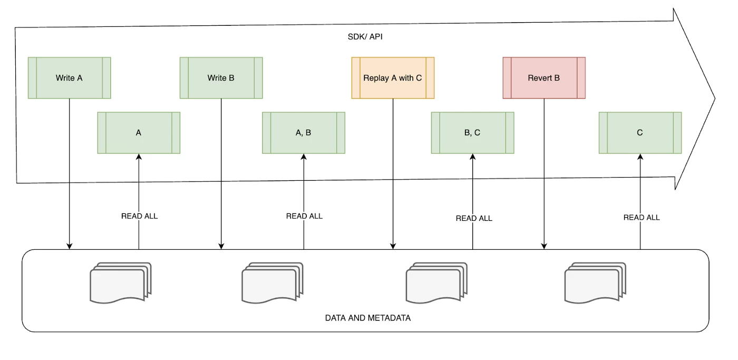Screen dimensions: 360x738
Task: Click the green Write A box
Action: tap(69, 78)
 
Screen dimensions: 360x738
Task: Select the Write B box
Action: tap(221, 78)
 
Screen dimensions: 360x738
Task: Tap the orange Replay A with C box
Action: tap(393, 78)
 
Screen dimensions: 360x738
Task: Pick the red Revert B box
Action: tap(544, 78)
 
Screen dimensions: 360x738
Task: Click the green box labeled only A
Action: tap(139, 133)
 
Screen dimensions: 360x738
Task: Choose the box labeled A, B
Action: tap(304, 133)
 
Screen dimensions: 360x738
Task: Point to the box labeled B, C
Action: tap(472, 133)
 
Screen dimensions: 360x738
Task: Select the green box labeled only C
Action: tap(640, 133)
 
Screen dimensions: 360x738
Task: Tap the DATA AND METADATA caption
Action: tap(368, 318)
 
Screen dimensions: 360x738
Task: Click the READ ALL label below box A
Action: tap(139, 216)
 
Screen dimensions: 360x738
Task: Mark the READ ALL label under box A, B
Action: tap(304, 216)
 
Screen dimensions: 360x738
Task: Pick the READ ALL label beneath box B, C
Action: tap(474, 218)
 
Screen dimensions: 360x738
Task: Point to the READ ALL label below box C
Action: tap(642, 217)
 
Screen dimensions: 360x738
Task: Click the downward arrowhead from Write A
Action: tap(70, 246)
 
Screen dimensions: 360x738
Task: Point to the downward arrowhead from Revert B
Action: tap(544, 246)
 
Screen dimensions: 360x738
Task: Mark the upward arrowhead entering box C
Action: tap(640, 157)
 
